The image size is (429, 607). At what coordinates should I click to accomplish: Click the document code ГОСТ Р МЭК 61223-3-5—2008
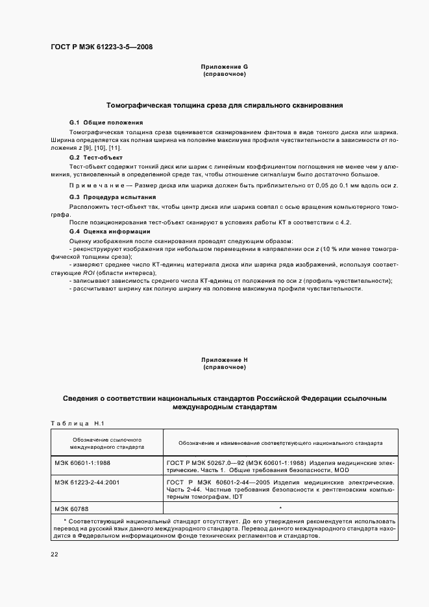tap(101, 47)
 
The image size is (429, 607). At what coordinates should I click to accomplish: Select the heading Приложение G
tap(224, 67)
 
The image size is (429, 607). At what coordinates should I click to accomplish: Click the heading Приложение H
tap(224, 359)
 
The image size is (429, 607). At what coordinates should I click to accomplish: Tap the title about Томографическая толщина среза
tap(224, 105)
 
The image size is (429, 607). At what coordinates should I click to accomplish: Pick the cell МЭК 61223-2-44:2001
tap(87, 483)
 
